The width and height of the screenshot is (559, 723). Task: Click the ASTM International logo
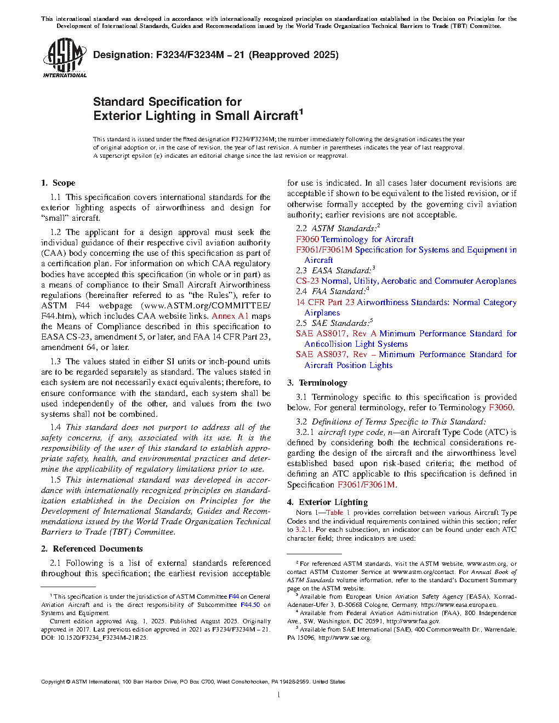pyautogui.click(x=64, y=58)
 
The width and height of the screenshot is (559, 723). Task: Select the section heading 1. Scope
pyautogui.click(x=58, y=183)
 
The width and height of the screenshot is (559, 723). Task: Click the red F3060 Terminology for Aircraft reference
pyautogui.click(x=355, y=239)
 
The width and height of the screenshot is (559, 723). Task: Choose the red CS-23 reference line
pyautogui.click(x=406, y=281)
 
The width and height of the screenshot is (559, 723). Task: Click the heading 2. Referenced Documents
pyautogui.click(x=92, y=549)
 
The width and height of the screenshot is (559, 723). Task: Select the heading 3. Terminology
pyautogui.click(x=317, y=383)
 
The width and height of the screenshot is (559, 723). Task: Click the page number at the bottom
pyautogui.click(x=279, y=695)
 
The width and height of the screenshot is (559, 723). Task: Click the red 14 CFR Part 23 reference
pyautogui.click(x=325, y=302)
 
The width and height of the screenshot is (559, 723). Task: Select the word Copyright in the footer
pyautogui.click(x=53, y=682)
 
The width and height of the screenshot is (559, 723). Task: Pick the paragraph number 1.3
pyautogui.click(x=55, y=361)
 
